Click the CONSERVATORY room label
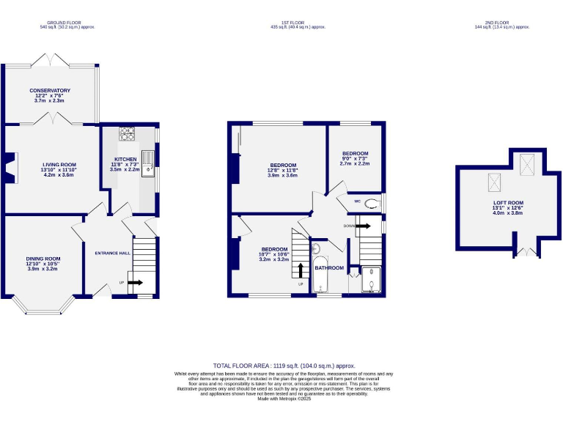click(x=50, y=90)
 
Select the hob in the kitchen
click(x=127, y=134)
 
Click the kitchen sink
click(x=147, y=162)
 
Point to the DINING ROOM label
click(x=43, y=259)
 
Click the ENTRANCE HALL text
click(x=113, y=253)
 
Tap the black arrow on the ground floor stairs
click(x=136, y=282)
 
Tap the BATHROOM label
click(x=329, y=268)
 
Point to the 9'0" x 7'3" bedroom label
click(x=355, y=154)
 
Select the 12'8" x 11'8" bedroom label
click(x=283, y=165)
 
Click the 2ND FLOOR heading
click(x=502, y=23)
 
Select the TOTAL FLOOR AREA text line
click(x=284, y=365)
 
